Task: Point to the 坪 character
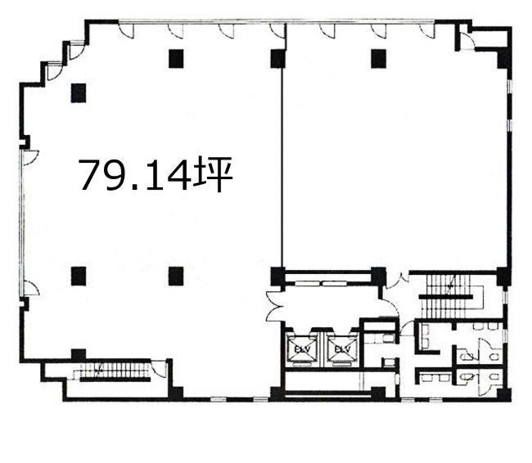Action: [x=213, y=174]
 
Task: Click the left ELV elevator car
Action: [x=302, y=348]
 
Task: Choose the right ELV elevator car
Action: [x=342, y=348]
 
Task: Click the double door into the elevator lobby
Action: [x=274, y=306]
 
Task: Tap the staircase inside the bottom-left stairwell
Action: [x=112, y=371]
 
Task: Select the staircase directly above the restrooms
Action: [x=449, y=296]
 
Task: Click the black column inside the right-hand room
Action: [x=378, y=58]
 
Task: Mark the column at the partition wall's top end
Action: [x=277, y=58]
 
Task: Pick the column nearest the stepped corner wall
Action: [x=79, y=92]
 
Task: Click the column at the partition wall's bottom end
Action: [x=277, y=276]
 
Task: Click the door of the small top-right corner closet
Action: [x=467, y=41]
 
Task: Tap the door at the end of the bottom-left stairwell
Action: [x=159, y=369]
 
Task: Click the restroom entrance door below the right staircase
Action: [x=407, y=328]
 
